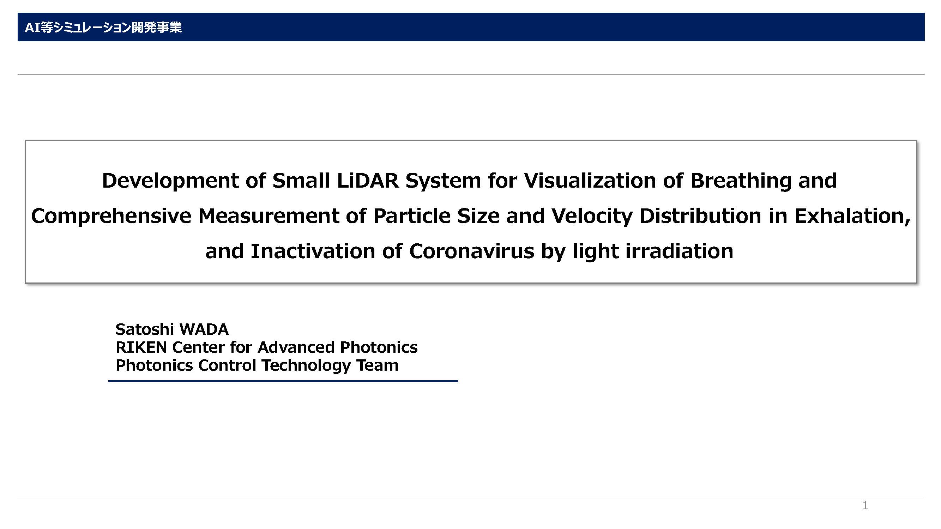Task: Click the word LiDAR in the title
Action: (x=368, y=180)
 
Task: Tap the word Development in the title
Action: (x=170, y=181)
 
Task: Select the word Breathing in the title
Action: (x=741, y=181)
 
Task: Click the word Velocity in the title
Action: (x=592, y=216)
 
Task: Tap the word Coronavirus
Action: (x=472, y=251)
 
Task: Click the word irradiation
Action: (x=680, y=251)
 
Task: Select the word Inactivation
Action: (x=313, y=251)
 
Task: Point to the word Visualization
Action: (x=590, y=180)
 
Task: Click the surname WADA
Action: (x=204, y=329)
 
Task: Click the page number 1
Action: (x=865, y=505)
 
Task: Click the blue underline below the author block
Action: (x=283, y=381)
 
